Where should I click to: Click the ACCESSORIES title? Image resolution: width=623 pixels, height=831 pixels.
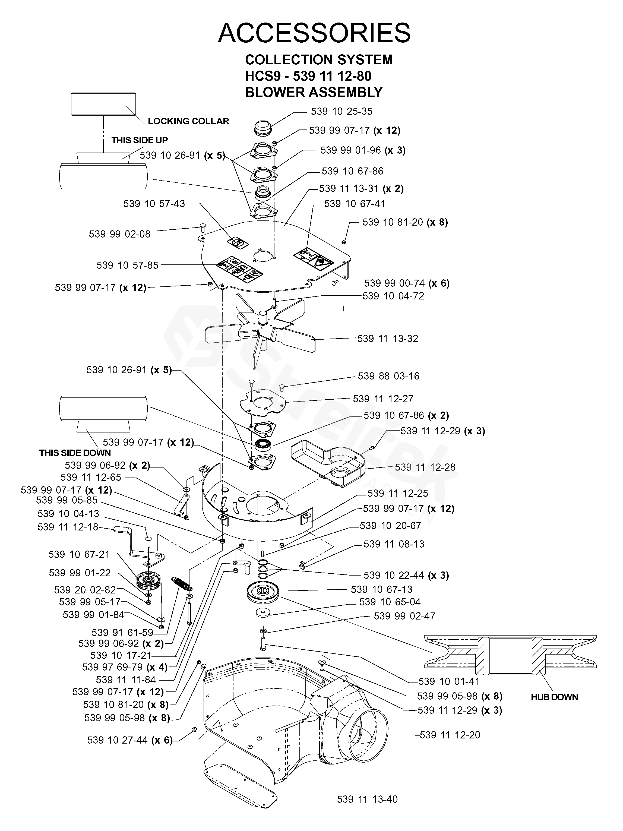click(x=314, y=33)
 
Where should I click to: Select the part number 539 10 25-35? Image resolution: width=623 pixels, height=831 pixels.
click(x=341, y=112)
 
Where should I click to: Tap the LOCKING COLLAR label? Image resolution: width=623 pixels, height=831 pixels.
click(x=188, y=121)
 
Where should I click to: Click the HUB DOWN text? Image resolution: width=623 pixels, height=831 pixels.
click(x=554, y=697)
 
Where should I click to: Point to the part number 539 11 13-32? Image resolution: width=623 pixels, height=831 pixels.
click(x=387, y=339)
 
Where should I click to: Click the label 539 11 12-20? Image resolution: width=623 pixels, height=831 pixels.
click(x=450, y=735)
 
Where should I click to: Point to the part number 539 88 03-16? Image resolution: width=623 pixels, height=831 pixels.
click(x=388, y=376)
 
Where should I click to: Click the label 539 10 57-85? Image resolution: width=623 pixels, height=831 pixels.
click(x=127, y=265)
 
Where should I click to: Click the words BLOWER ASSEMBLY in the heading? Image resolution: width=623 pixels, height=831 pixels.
click(x=314, y=92)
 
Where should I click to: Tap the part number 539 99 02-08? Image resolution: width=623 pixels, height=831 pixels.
click(x=119, y=234)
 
